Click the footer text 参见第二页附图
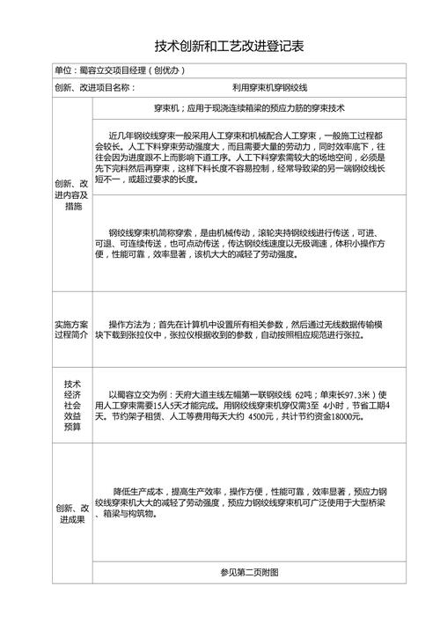coord(249,572)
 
